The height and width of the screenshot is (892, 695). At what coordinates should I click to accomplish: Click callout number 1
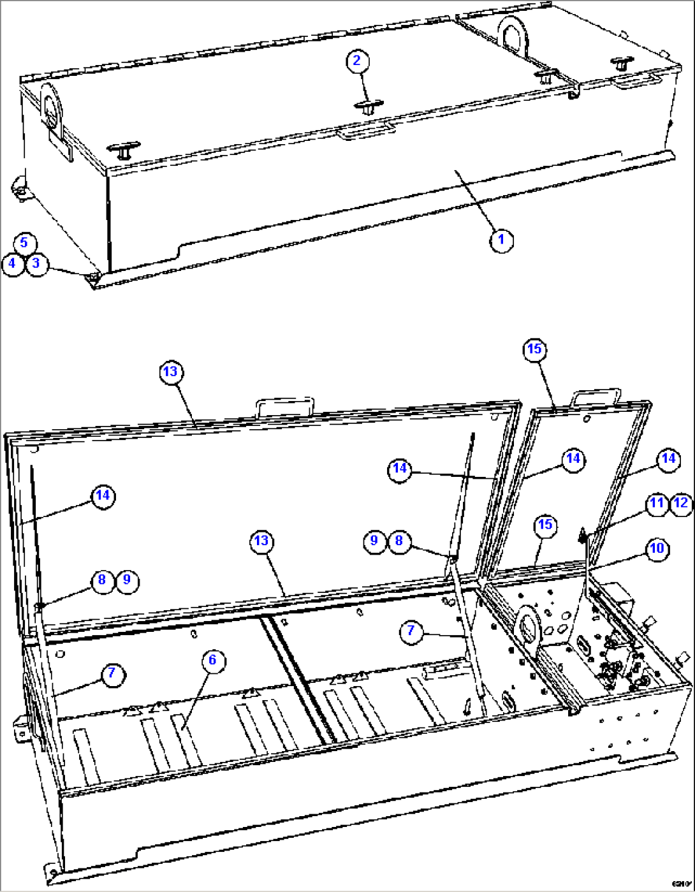501,240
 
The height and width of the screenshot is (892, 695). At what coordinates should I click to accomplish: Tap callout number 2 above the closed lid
357,61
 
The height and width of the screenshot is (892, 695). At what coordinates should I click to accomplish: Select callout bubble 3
36,263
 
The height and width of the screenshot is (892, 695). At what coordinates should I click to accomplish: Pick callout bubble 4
12,263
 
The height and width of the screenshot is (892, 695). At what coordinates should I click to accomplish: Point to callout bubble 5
24,242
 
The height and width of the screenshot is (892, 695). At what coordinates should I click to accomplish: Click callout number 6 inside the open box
213,660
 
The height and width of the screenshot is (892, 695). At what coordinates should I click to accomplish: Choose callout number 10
657,548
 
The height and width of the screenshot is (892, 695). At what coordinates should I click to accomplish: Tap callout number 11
657,503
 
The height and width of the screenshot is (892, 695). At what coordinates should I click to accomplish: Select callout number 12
681,503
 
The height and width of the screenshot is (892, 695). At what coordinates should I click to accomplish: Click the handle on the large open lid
285,406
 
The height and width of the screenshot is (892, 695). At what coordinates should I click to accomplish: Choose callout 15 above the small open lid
534,349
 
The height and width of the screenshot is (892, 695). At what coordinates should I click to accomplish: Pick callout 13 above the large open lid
171,372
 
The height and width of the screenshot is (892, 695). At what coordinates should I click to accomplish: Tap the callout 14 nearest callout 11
668,458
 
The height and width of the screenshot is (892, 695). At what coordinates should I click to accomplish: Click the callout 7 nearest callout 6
112,673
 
